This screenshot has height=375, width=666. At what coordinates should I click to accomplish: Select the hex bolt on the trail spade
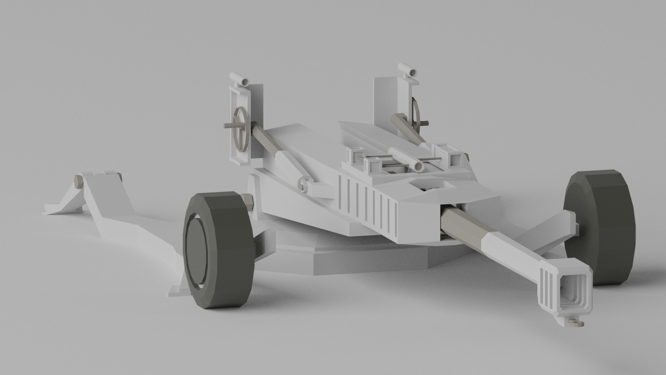(x=78, y=181)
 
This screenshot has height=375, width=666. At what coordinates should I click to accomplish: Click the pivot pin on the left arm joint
(x=304, y=185)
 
